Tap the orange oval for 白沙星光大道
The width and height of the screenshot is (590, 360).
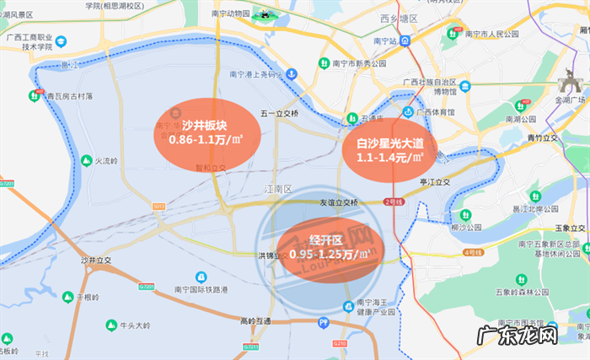click(389, 150)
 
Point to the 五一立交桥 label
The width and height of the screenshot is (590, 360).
click(280, 113)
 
